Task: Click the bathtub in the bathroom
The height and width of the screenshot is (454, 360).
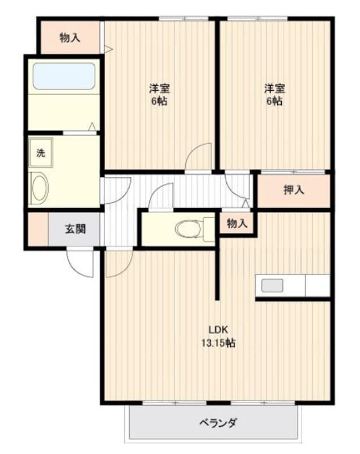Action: [x=64, y=76]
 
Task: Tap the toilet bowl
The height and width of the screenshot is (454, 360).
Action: [x=188, y=229]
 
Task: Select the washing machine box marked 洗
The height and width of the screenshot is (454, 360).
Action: [x=41, y=153]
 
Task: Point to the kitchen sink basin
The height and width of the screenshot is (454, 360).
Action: [x=272, y=285]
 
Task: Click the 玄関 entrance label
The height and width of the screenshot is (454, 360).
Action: [x=75, y=229]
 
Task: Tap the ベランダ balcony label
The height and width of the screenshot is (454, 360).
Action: [x=218, y=423]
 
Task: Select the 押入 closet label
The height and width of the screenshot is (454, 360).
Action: [x=294, y=190]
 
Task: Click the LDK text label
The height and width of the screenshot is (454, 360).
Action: [x=219, y=330]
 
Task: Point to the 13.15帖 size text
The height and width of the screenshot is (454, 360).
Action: [x=218, y=343]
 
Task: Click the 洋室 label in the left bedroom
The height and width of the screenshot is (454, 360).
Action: [x=160, y=88]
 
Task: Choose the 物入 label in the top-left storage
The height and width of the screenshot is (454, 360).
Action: [x=70, y=38]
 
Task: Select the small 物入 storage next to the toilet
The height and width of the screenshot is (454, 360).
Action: [x=237, y=224]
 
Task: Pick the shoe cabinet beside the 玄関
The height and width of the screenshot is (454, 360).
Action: [x=38, y=229]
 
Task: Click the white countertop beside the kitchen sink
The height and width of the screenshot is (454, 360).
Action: [x=317, y=285]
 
